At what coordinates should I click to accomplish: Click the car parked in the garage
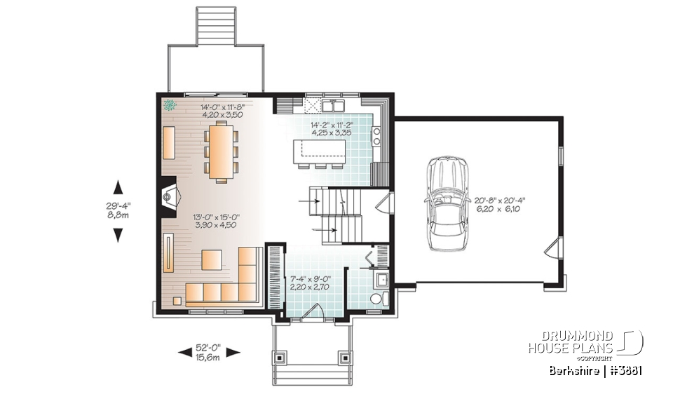449,203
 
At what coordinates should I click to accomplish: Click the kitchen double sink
331,106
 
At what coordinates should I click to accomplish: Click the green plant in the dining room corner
169,106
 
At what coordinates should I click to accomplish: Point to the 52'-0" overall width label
210,353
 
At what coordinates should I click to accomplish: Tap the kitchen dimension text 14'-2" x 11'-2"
332,128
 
